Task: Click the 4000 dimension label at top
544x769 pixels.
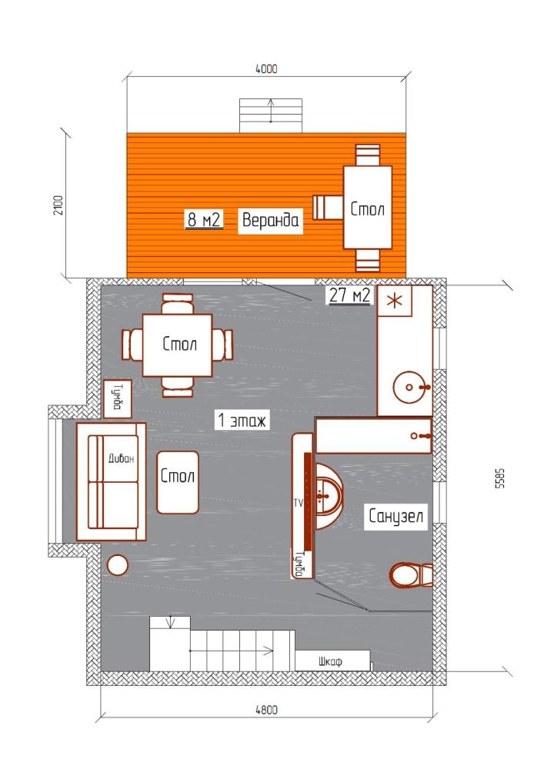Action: [x=266, y=68]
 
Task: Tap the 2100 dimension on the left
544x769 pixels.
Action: [x=58, y=205]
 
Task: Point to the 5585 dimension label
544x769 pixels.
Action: [x=499, y=478]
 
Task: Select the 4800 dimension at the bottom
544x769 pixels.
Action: [x=266, y=710]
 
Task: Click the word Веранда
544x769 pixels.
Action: [x=270, y=220]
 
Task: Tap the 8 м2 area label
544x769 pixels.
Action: [x=204, y=220]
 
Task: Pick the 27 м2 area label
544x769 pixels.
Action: [x=349, y=295]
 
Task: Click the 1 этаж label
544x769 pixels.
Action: [x=242, y=421]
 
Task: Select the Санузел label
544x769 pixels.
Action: [x=395, y=516]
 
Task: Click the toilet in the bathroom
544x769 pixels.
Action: [x=411, y=574]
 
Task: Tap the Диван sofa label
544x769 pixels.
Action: [x=121, y=458]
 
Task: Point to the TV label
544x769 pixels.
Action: [x=299, y=503]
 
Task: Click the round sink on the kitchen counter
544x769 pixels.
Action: [x=409, y=387]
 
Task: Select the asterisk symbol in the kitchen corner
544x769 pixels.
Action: [x=395, y=301]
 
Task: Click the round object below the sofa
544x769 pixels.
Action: [x=117, y=565]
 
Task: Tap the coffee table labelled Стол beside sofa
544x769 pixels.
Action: [x=178, y=483]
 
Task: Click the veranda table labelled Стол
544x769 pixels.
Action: [x=367, y=208]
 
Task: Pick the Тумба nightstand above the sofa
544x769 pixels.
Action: [x=118, y=398]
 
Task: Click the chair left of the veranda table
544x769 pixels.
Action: [x=328, y=207]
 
